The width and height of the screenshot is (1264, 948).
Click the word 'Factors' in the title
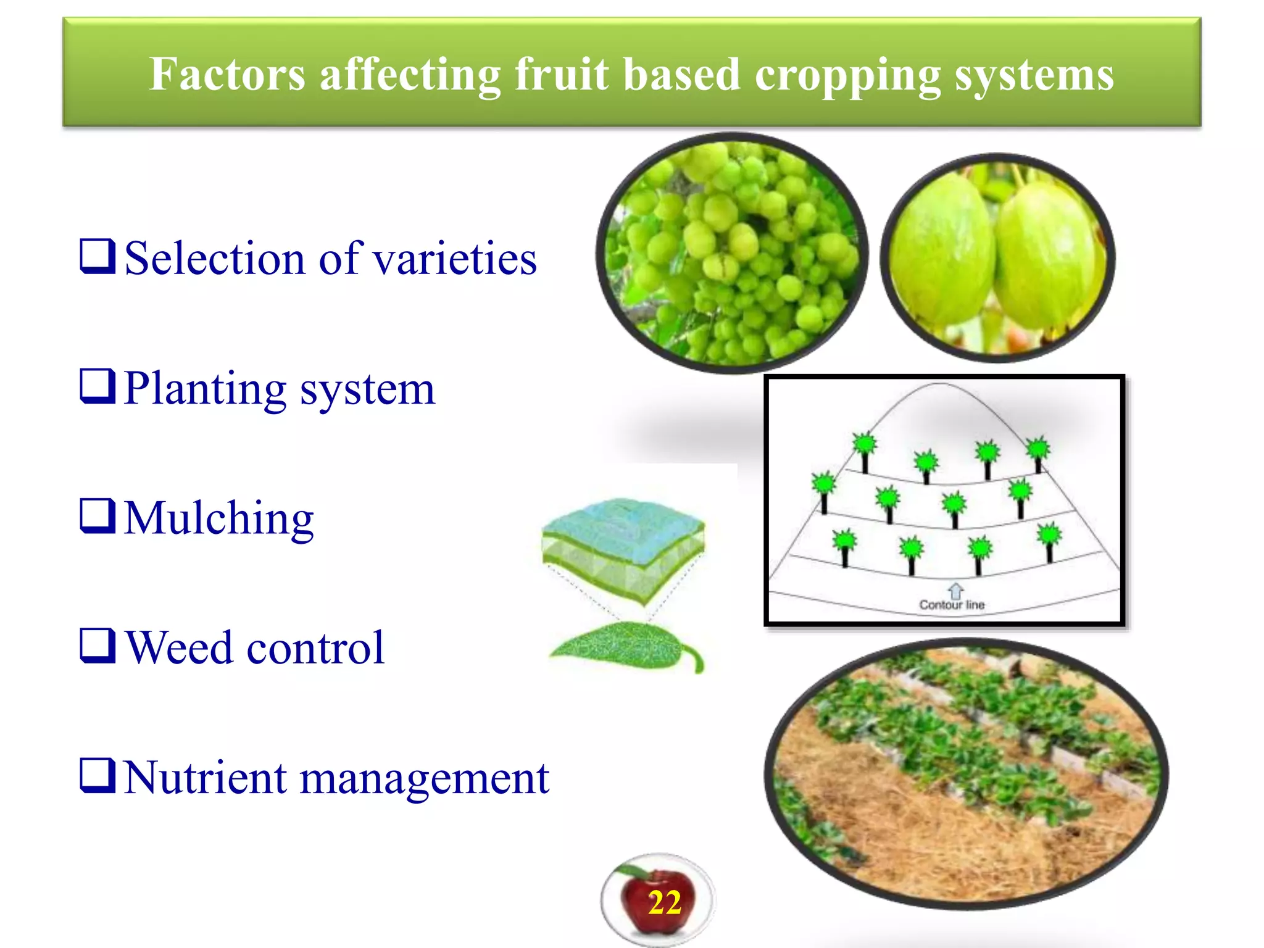click(227, 75)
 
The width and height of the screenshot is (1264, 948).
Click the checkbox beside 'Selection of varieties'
click(98, 256)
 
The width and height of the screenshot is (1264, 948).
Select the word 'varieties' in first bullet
click(455, 259)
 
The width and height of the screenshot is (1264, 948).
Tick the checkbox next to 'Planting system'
click(98, 386)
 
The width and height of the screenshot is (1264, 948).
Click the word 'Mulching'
click(219, 518)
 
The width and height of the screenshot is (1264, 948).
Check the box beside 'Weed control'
click(98, 646)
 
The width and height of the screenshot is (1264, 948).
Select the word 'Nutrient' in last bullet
click(206, 778)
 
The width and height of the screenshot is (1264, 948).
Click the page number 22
click(664, 903)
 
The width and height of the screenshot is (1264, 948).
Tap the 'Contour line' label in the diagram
click(952, 605)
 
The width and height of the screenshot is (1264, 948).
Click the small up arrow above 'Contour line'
click(955, 589)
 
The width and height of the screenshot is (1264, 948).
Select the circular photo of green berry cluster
click(732, 253)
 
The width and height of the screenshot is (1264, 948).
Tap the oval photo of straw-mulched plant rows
click(966, 775)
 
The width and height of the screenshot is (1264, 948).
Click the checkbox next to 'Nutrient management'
click(98, 775)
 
